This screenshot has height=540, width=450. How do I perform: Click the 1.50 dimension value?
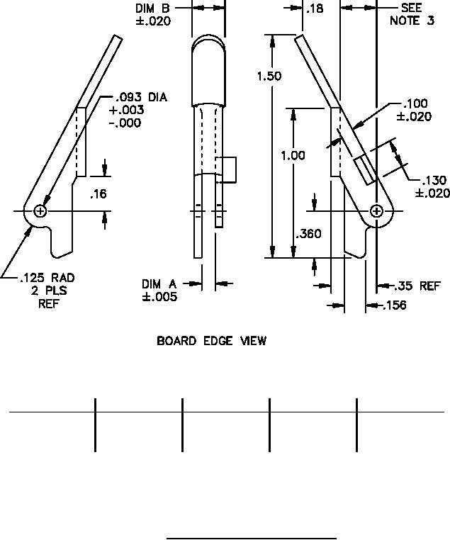pyautogui.click(x=269, y=76)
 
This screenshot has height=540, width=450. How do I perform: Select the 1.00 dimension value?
pyautogui.click(x=293, y=155)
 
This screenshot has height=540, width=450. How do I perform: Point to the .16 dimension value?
pyautogui.click(x=99, y=193)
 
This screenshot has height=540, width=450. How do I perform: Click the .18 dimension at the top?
pyautogui.click(x=314, y=9)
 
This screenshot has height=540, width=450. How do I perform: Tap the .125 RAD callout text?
pyautogui.click(x=47, y=278)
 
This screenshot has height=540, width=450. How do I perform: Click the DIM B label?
pyautogui.click(x=152, y=9)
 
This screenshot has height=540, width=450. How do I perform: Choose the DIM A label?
pyautogui.click(x=159, y=284)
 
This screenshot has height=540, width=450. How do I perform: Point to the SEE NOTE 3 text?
pyautogui.click(x=412, y=14)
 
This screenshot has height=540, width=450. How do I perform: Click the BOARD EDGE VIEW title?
pyautogui.click(x=211, y=341)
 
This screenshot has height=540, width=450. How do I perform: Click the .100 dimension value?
pyautogui.click(x=416, y=104)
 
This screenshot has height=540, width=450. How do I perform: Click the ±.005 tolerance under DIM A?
pyautogui.click(x=159, y=297)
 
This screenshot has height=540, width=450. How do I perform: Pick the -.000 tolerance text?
pyautogui.click(x=125, y=123)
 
